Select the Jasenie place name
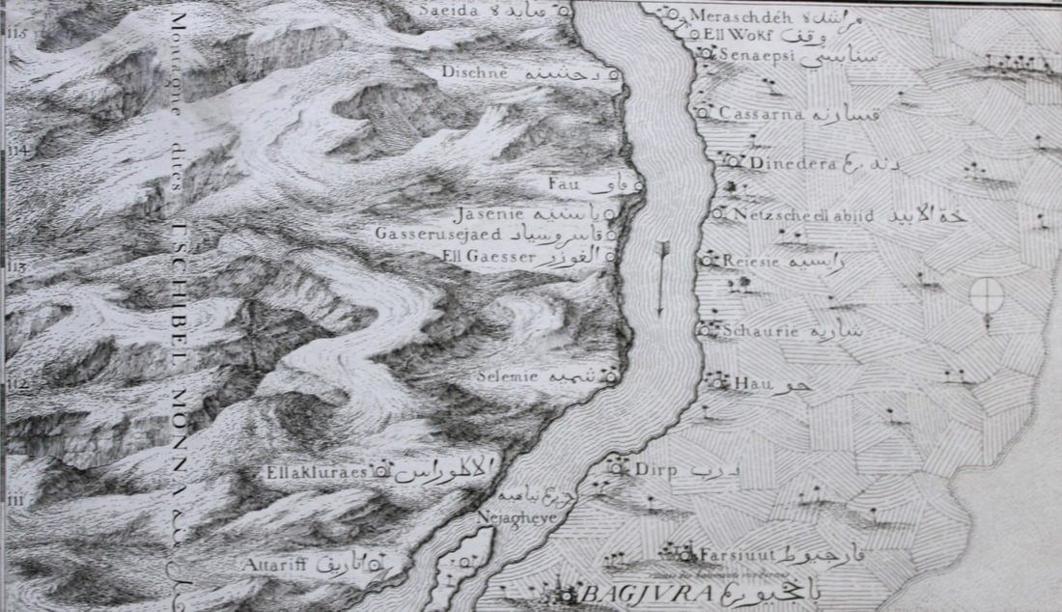click(x=488, y=213)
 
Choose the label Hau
click(x=749, y=383)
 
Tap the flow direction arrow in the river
click(x=661, y=279)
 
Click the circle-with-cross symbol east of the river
click(x=987, y=295)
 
